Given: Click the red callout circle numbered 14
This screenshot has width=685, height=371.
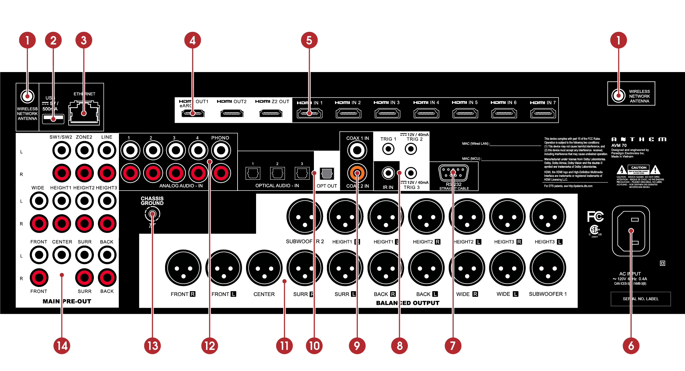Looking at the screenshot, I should [x=62, y=346].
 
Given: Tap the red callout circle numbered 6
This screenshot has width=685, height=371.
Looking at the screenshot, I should [x=631, y=346].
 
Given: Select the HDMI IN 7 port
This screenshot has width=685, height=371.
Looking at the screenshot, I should [x=543, y=113].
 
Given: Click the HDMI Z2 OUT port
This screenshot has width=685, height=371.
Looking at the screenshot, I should [x=271, y=113].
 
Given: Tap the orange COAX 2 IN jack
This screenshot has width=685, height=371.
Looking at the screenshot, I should [x=357, y=173].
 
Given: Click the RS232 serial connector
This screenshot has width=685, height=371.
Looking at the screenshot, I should [x=453, y=173].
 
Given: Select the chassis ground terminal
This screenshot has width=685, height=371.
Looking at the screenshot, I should [x=152, y=214].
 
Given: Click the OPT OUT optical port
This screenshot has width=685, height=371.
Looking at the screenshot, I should [x=327, y=173].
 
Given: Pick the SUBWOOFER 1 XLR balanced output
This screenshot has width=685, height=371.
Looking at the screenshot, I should [x=548, y=268].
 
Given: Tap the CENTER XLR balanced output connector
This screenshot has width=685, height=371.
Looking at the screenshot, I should [x=264, y=268].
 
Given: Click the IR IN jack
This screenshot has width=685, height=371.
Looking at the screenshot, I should [x=388, y=173].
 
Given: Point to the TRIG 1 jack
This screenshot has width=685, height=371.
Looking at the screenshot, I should [x=388, y=149].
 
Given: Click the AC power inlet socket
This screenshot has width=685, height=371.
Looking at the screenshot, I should [x=631, y=231].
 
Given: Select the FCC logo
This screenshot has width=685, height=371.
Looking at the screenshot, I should [x=595, y=216].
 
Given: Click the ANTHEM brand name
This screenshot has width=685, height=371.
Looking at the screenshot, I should [x=639, y=139].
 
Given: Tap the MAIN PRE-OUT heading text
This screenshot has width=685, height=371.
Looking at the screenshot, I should [x=67, y=301].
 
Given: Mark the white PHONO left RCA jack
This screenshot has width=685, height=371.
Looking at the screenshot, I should [x=221, y=150].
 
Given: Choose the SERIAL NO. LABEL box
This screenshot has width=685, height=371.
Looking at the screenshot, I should [x=640, y=299].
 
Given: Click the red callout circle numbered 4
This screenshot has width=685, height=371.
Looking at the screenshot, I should [x=192, y=40].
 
